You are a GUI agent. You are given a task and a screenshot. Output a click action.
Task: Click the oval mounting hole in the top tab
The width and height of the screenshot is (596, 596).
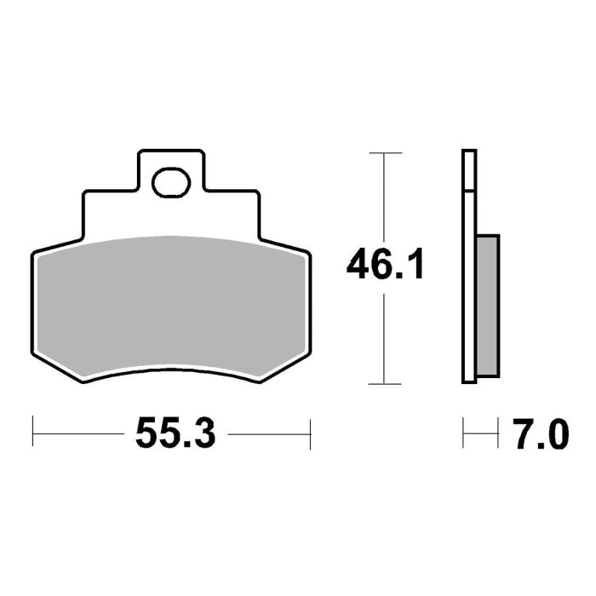pos(171,181)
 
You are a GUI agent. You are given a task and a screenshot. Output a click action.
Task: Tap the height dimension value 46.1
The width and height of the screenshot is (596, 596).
pos(385,266)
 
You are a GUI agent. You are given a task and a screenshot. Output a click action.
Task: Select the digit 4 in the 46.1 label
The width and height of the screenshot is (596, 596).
pos(359,266)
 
